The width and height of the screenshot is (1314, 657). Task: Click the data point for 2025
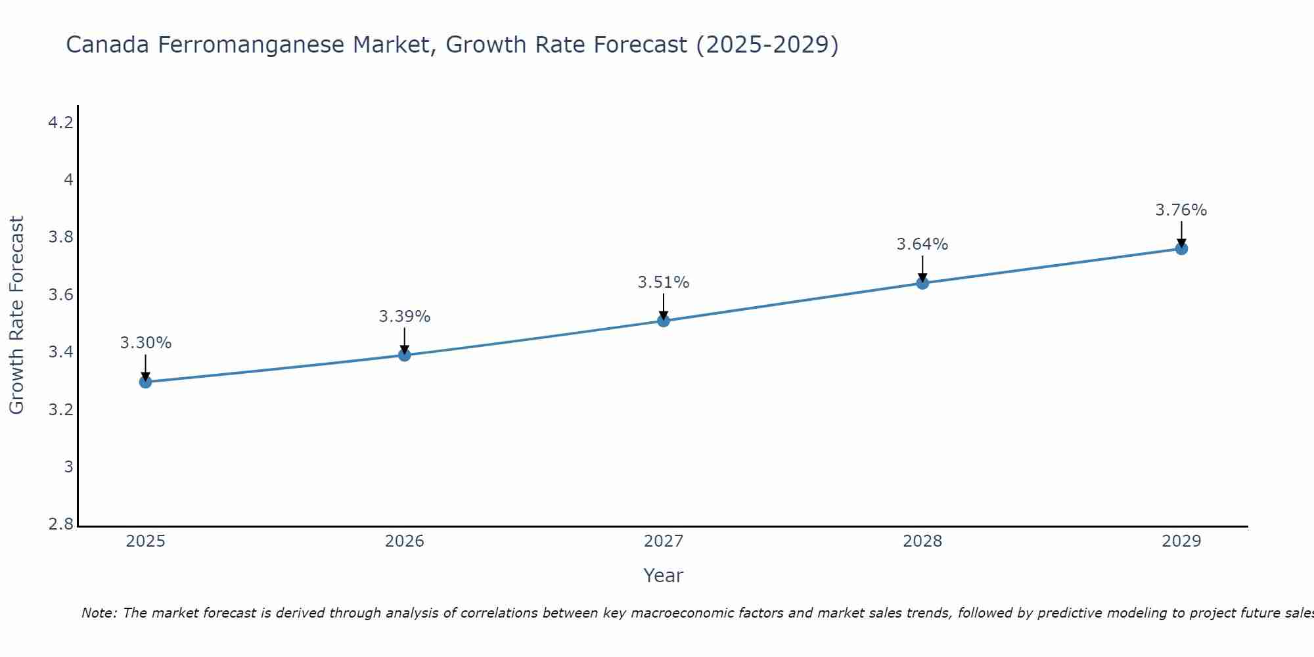145,382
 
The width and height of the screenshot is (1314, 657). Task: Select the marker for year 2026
405,355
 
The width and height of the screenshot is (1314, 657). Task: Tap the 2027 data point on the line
664,321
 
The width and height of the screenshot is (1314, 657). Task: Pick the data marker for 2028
922,283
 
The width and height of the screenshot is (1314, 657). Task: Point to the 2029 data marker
1181,248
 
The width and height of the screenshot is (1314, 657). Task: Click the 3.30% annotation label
145,343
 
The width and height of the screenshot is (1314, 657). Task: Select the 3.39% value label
405,317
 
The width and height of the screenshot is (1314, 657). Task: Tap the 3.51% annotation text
664,283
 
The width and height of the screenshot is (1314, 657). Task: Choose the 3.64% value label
922,244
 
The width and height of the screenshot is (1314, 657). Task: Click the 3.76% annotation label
1181,210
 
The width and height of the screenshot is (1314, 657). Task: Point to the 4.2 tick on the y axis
60,122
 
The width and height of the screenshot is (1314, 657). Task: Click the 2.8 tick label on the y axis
60,524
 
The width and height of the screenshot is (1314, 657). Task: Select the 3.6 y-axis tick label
60,294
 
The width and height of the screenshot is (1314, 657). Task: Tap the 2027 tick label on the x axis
664,541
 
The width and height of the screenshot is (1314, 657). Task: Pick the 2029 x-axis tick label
1181,541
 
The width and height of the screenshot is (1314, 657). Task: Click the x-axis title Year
664,576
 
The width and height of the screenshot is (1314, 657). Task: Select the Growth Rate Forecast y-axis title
16,315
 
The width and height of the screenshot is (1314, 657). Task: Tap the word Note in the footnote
99,613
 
